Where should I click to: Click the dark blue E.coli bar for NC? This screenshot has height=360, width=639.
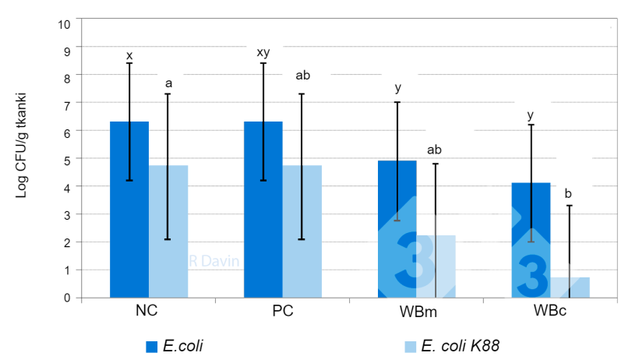pyautogui.click(x=129, y=210)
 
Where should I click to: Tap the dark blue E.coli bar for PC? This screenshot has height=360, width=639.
pyautogui.click(x=263, y=210)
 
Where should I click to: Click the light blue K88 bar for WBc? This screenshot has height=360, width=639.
pyautogui.click(x=570, y=288)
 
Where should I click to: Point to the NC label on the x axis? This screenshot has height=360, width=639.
pyautogui.click(x=147, y=312)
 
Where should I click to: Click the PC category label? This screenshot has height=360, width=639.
pyautogui.click(x=282, y=312)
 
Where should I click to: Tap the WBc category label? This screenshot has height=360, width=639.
pyautogui.click(x=550, y=312)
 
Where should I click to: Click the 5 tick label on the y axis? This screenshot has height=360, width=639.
pyautogui.click(x=68, y=160)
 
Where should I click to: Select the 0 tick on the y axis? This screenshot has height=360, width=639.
pyautogui.click(x=68, y=298)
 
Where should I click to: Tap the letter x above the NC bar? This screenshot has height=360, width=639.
pyautogui.click(x=129, y=55)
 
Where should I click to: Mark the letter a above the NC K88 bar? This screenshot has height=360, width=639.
pyautogui.click(x=168, y=83)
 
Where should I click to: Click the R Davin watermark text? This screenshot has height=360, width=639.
pyautogui.click(x=214, y=262)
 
